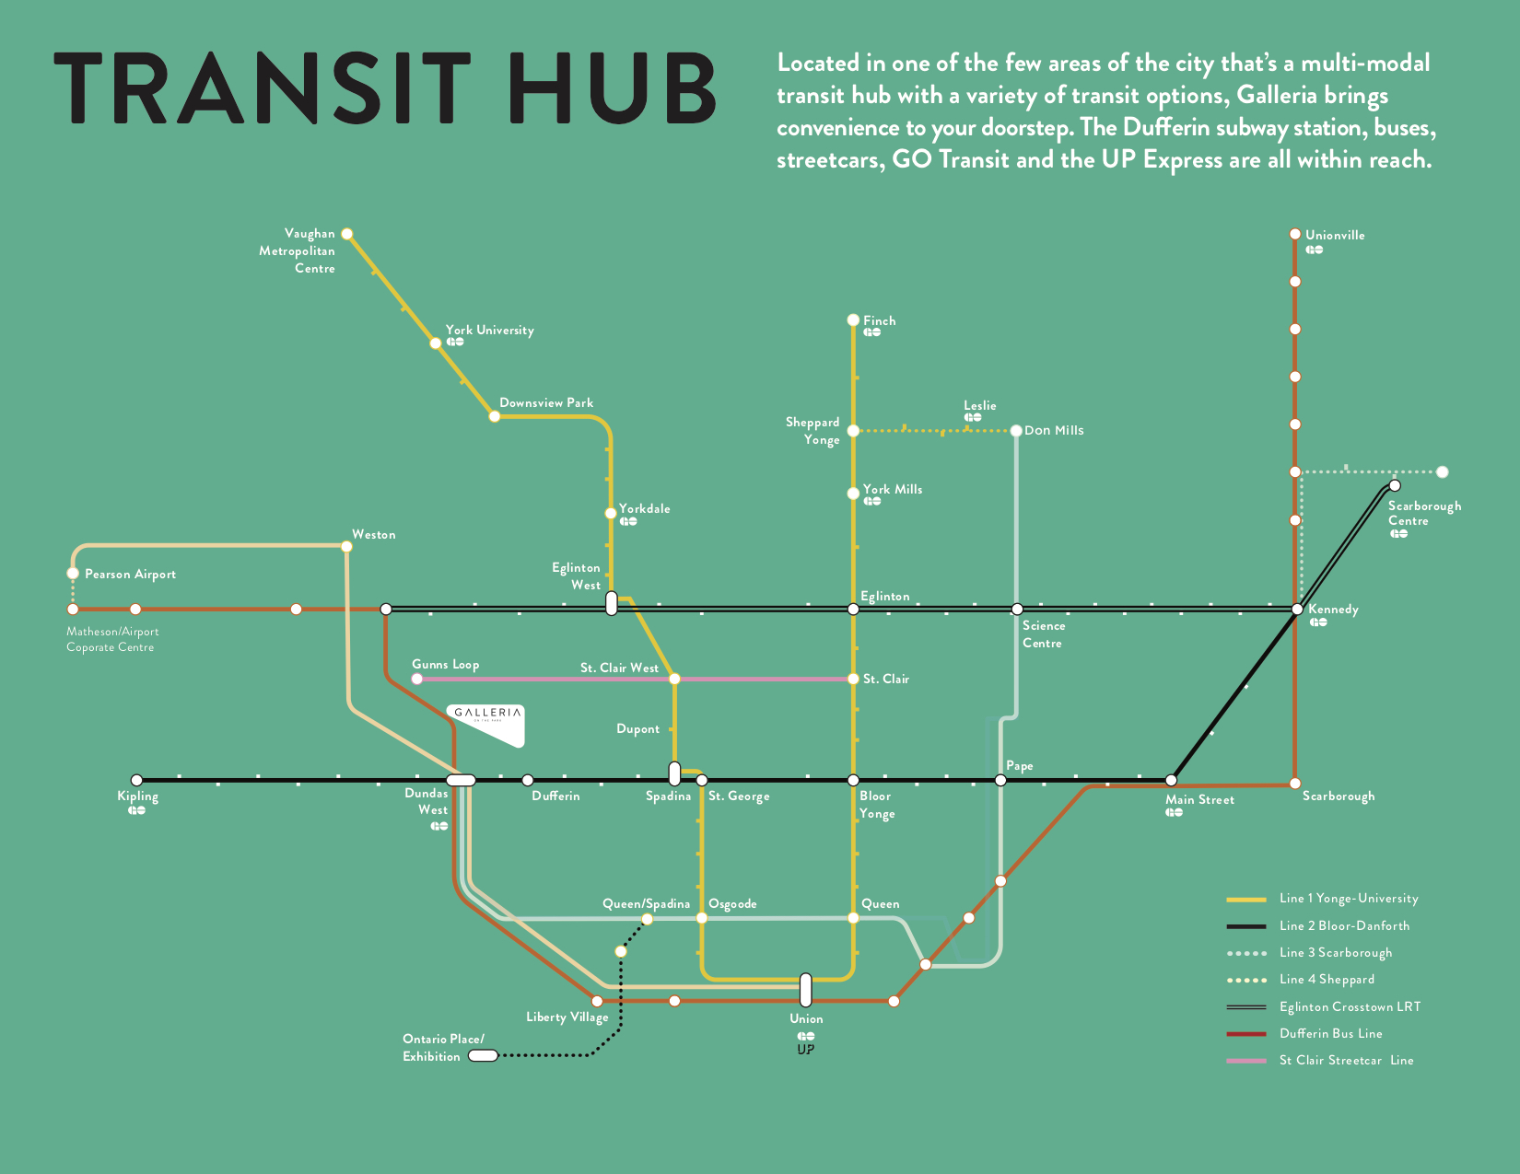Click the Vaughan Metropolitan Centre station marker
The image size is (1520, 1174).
[x=347, y=234]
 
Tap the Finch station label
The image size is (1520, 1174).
[x=879, y=320]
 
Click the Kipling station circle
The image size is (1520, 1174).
[x=136, y=780]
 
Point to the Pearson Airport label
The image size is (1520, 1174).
[x=130, y=574]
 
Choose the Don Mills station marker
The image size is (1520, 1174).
[x=1016, y=430]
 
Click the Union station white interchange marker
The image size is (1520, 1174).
[x=805, y=990]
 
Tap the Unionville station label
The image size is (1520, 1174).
[x=1335, y=235]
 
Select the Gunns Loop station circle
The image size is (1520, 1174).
[x=417, y=679]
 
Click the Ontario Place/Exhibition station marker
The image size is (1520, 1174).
[x=483, y=1055]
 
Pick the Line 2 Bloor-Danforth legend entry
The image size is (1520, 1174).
[x=1344, y=925]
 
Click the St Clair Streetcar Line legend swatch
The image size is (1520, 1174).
[x=1246, y=1061]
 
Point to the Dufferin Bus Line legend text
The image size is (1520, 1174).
[x=1330, y=1033]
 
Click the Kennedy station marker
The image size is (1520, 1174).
[x=1297, y=610]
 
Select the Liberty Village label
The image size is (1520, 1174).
[x=567, y=1017]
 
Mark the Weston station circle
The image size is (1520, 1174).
[x=346, y=546]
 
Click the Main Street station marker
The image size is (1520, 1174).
[x=1172, y=780]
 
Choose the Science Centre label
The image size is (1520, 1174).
[x=1043, y=633]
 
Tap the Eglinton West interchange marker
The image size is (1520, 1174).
[x=612, y=604]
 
